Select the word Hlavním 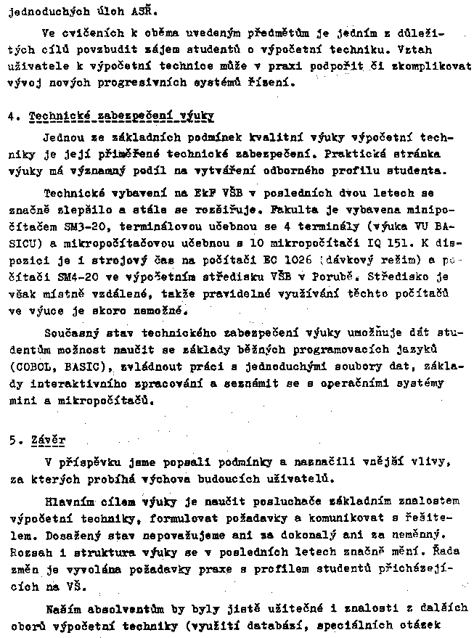pos(68,501)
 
